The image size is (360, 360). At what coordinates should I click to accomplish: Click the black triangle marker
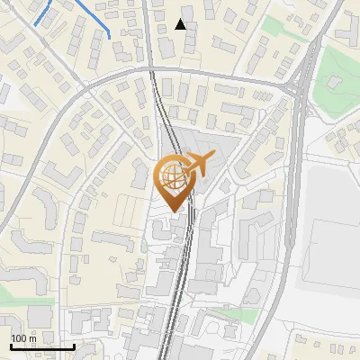pyautogui.click(x=180, y=24)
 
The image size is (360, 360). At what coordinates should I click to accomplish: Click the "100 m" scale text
pyautogui.click(x=24, y=338)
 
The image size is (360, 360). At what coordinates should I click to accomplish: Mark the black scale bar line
pyautogui.click(x=41, y=346)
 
